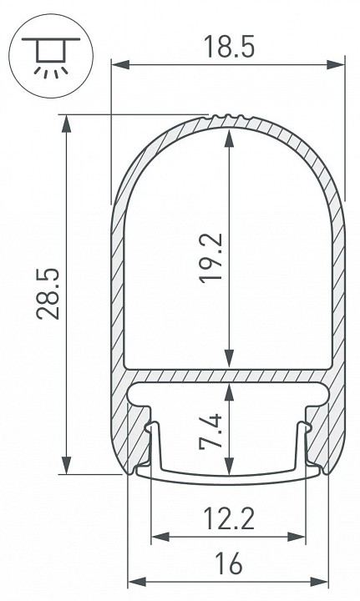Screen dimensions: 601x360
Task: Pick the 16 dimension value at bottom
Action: click(x=228, y=565)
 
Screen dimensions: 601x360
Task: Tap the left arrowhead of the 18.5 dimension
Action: click(x=117, y=63)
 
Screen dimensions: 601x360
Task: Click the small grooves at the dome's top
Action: click(x=228, y=117)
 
